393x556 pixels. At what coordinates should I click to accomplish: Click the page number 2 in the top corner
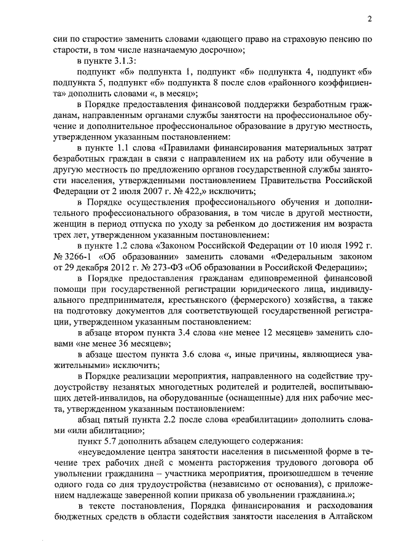coord(370,18)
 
